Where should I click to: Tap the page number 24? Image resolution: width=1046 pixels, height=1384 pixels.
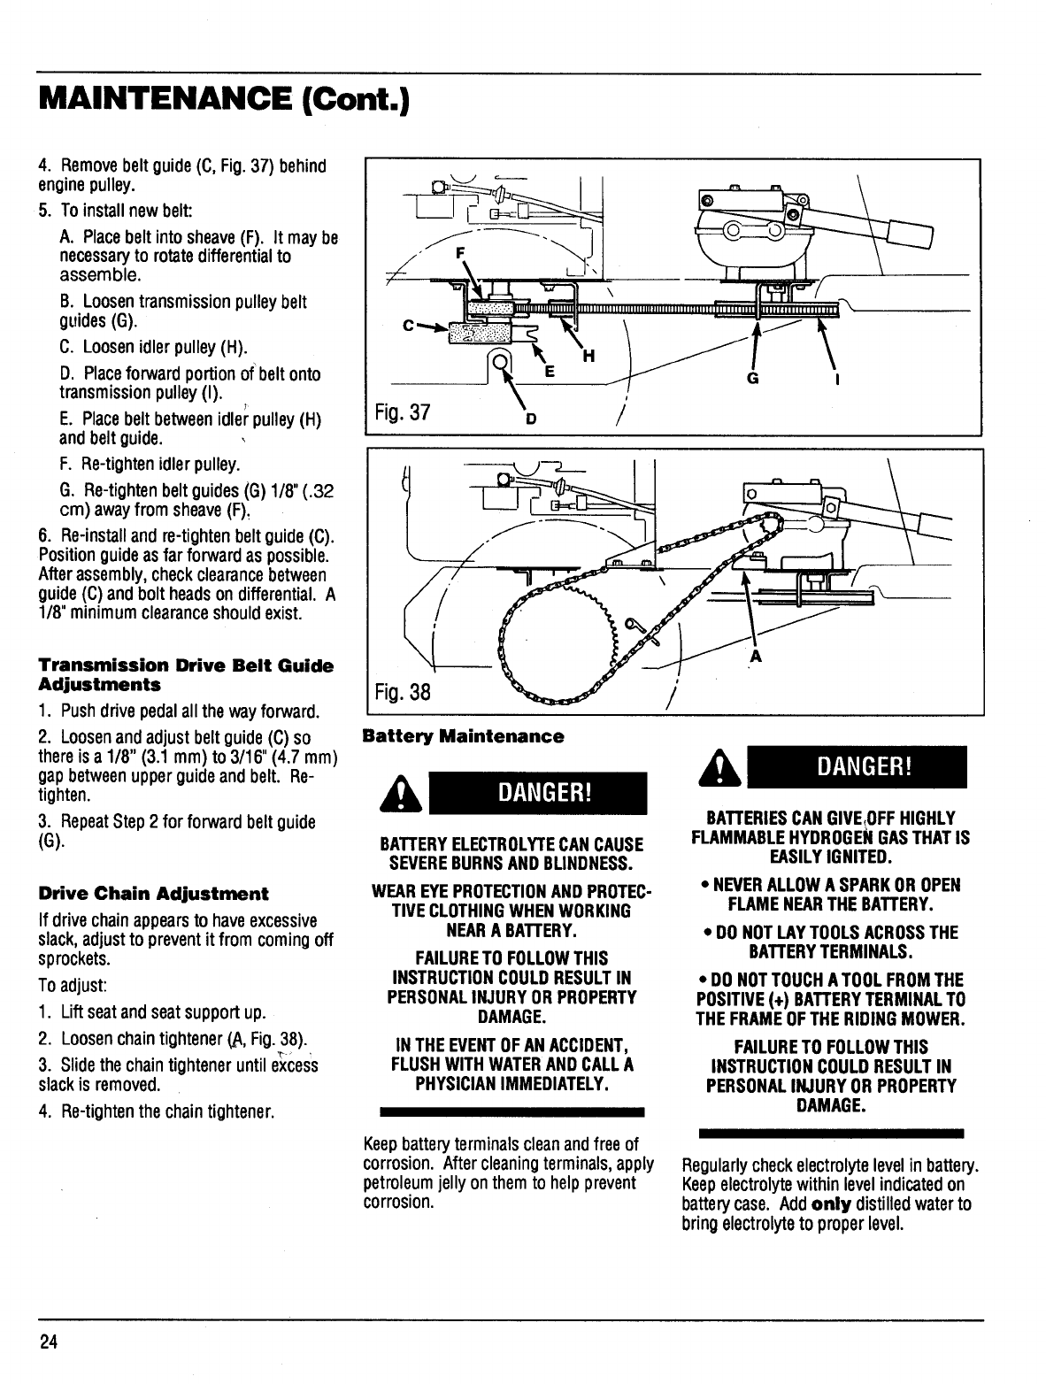pyautogui.click(x=48, y=1342)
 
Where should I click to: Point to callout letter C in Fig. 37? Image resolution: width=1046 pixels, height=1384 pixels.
pyautogui.click(x=407, y=326)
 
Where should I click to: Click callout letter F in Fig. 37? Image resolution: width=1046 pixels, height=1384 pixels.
pyautogui.click(x=459, y=252)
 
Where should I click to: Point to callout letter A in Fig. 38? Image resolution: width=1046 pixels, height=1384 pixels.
pyautogui.click(x=755, y=657)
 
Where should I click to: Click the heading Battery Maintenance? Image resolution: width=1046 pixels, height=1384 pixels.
pyautogui.click(x=463, y=736)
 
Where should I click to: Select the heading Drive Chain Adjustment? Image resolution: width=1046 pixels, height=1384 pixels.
pyautogui.click(x=153, y=893)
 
